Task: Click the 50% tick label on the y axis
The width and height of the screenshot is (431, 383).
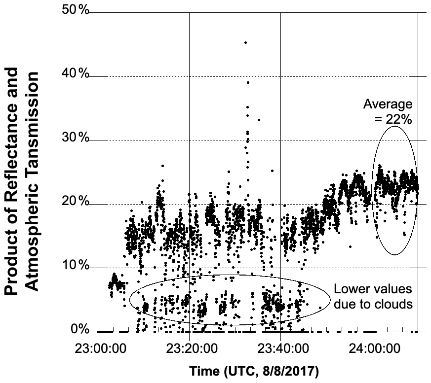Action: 75,11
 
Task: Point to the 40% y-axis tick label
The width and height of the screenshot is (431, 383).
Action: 75,75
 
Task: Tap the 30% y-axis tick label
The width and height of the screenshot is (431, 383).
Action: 75,139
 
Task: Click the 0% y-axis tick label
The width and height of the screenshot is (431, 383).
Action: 78,330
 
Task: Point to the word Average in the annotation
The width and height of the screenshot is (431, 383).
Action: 388,104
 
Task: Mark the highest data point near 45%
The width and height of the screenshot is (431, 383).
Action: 245,43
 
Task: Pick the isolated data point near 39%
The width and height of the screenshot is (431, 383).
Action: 248,82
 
